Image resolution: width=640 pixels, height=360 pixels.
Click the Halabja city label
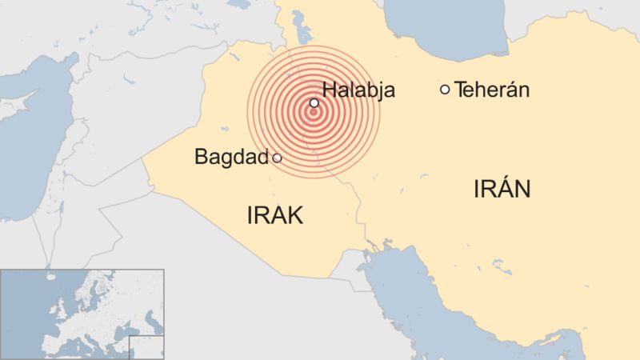tap(358, 90)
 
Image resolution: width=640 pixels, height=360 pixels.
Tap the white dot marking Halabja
tap(314, 103)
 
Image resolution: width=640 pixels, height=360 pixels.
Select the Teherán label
tap(492, 90)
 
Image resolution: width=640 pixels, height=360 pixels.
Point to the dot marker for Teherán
tap(445, 89)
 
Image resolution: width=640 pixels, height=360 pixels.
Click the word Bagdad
tap(230, 158)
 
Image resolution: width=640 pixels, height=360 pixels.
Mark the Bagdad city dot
tap(277, 158)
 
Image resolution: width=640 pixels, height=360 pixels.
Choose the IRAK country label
tap(276, 215)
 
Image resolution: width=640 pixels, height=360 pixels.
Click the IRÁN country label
tap(502, 190)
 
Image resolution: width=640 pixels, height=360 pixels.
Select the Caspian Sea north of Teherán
tap(424, 32)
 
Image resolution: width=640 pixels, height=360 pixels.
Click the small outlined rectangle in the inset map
tap(146, 347)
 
